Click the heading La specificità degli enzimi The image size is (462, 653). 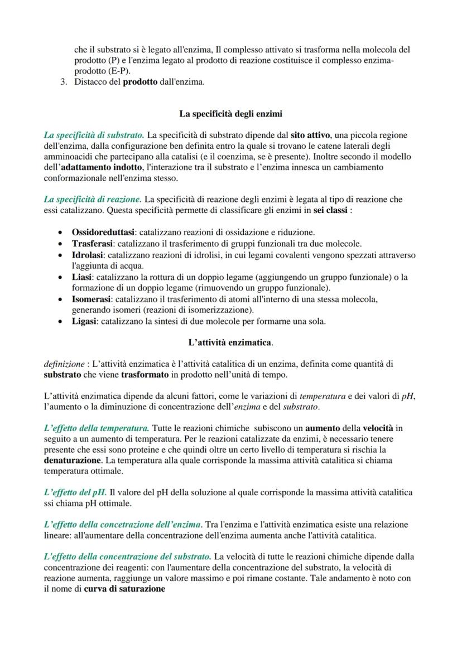(x=230, y=114)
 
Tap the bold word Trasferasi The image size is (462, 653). (x=92, y=244)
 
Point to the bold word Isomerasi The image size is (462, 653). (x=92, y=299)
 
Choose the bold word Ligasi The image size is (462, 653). (x=85, y=322)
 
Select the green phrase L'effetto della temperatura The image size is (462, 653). (x=96, y=428)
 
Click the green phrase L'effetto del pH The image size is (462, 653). (x=75, y=492)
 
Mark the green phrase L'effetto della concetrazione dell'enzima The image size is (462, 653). (x=122, y=524)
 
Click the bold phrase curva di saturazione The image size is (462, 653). (x=124, y=588)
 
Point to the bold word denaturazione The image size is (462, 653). (x=73, y=460)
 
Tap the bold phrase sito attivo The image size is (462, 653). (x=309, y=135)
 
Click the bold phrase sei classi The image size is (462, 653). (x=330, y=210)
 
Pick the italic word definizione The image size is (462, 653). (x=62, y=364)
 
